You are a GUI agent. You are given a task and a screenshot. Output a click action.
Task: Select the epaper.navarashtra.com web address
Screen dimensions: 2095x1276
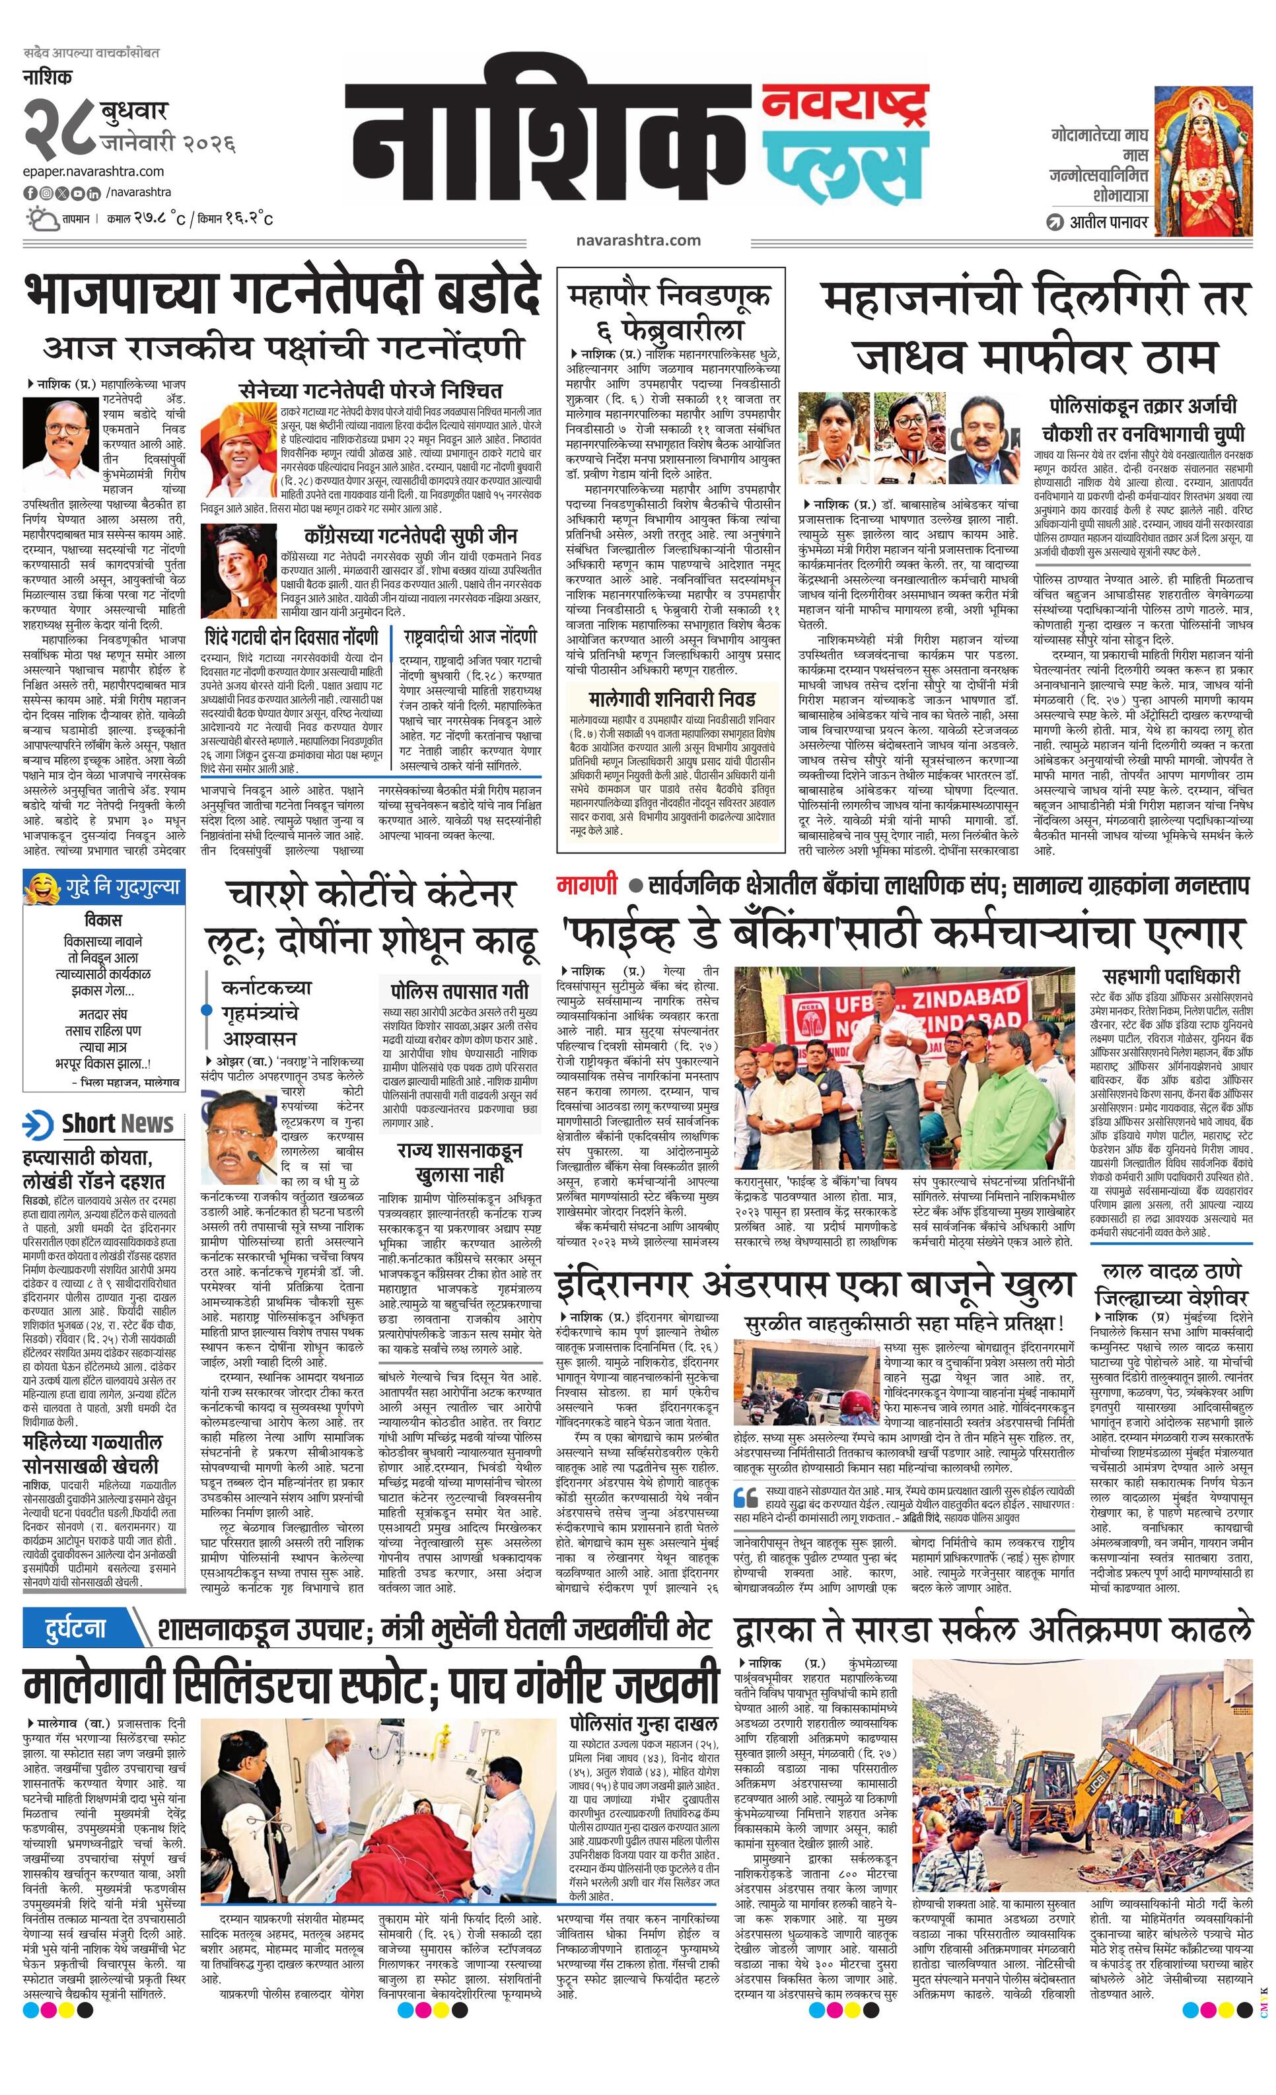pos(94,172)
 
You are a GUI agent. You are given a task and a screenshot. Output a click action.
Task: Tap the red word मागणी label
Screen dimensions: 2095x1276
pos(587,884)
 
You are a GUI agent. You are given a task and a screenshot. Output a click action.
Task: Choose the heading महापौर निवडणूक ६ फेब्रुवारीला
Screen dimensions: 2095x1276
pos(670,311)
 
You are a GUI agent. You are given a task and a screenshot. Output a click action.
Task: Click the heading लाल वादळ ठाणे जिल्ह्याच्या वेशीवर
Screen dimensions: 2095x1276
pos(1172,1284)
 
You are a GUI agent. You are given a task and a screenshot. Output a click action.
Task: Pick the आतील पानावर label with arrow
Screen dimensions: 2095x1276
pos(1096,223)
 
